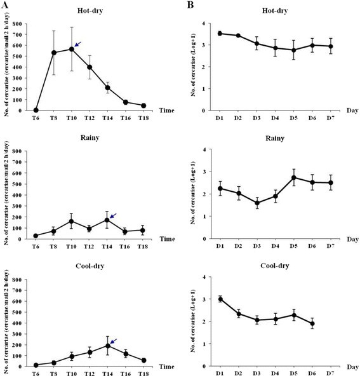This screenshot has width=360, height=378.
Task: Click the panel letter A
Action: (6, 6)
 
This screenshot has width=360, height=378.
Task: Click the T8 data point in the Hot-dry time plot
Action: (54, 53)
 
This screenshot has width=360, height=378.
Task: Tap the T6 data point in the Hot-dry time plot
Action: (36, 110)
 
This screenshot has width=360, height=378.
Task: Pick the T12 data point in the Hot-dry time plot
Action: (90, 67)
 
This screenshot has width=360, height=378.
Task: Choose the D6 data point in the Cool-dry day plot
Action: (330, 323)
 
